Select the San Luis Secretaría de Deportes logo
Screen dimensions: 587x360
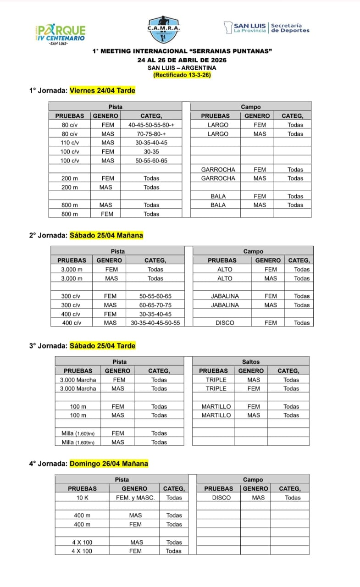[266, 28]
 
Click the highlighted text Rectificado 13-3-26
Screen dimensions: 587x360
[182, 75]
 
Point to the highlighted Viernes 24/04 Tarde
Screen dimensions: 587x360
[102, 90]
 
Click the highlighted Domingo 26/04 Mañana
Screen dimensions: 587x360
[109, 464]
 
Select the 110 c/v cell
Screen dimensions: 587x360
[70, 143]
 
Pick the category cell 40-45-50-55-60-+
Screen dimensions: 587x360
[151, 125]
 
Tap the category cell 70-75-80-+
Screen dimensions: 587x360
[151, 134]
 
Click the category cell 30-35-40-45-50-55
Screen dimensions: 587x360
[155, 323]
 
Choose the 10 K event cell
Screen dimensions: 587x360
[83, 498]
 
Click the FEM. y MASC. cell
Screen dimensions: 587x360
[135, 498]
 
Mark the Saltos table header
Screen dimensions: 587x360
[250, 362]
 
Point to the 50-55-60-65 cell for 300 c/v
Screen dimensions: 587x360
[155, 296]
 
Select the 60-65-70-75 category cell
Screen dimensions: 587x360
[155, 305]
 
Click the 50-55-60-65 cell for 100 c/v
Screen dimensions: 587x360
[151, 161]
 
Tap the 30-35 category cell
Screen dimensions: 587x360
[151, 151]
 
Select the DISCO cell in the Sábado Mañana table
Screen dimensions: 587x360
[224, 323]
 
